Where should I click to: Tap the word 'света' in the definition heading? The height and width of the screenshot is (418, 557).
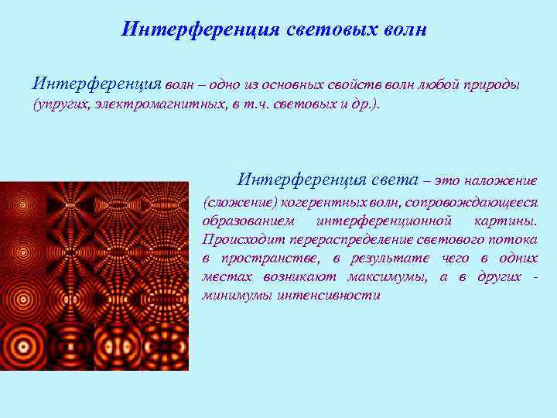coord(394,180)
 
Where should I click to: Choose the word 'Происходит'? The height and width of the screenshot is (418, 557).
coord(236,239)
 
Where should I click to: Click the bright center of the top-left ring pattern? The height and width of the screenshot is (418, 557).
coord(23,205)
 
